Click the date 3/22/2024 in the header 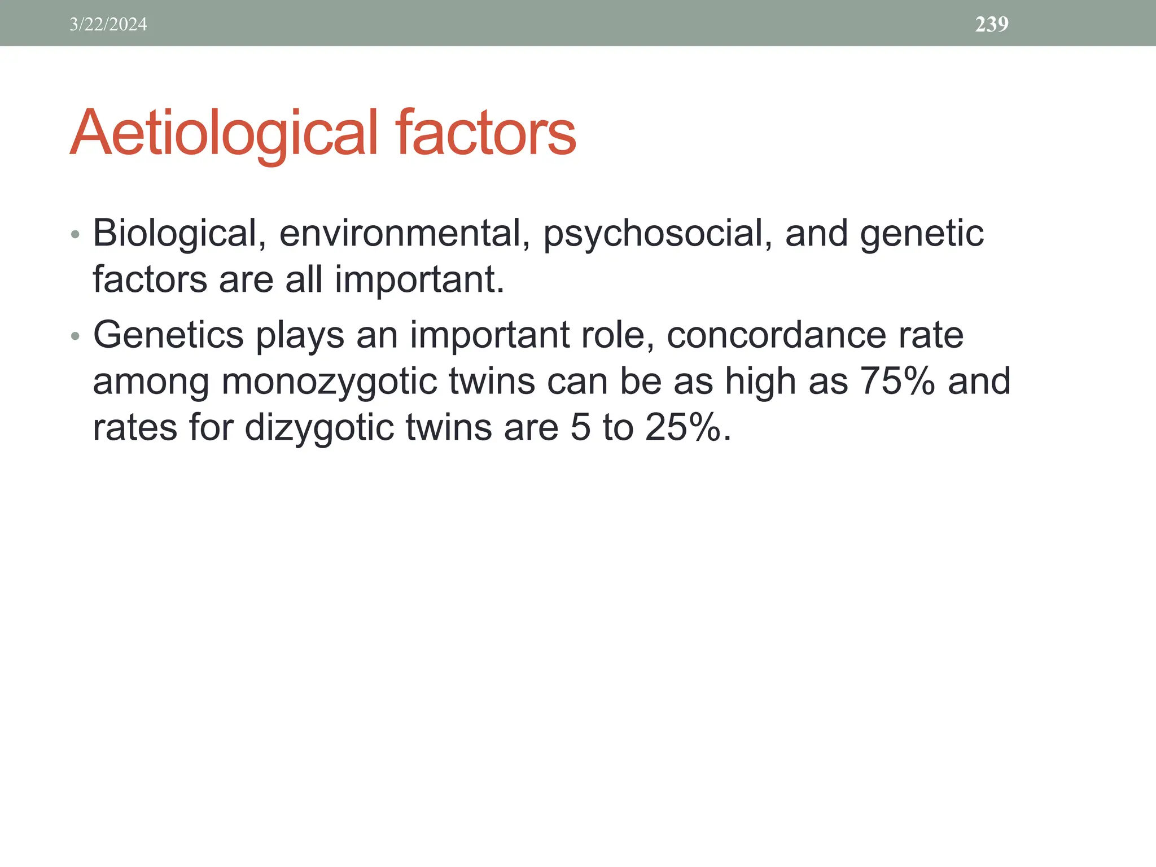point(108,24)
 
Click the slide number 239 point(992,24)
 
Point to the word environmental point(404,233)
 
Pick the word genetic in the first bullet point(921,234)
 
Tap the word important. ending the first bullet point(419,281)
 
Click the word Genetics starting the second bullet point(168,335)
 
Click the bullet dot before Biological point(76,234)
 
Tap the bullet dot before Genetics point(76,337)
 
